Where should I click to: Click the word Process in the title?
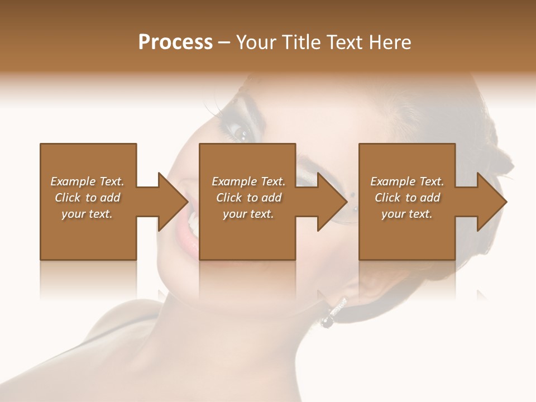tap(175, 42)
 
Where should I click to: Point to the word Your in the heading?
tap(255, 42)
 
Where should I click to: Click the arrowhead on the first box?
tap(174, 202)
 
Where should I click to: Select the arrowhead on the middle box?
tap(333, 202)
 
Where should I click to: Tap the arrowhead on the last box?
tap(492, 202)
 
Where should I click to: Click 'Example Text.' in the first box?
tap(87, 181)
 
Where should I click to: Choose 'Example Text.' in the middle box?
tap(248, 181)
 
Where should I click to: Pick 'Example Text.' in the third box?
tap(407, 181)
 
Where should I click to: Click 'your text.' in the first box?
tap(87, 214)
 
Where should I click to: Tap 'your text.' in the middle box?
tap(248, 214)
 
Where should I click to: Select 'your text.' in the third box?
tap(407, 214)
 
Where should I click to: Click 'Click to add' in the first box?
tap(87, 198)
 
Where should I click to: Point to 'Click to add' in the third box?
tap(407, 198)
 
